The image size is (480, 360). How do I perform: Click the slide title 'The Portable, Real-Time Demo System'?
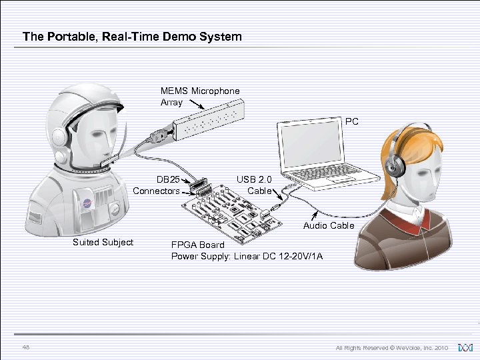pos(132,37)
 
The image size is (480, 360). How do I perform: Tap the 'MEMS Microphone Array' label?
pos(199,96)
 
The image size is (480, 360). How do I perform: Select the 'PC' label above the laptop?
pos(351,122)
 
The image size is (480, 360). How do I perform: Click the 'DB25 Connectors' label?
pos(157,185)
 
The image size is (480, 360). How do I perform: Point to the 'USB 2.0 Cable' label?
pos(254,185)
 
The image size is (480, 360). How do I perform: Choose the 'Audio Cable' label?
pos(329,226)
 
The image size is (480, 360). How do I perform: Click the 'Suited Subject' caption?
pos(103,242)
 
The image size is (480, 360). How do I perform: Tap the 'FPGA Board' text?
pos(198,245)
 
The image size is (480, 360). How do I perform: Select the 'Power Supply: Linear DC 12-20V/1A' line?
pos(247,256)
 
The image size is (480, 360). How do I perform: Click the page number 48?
pos(26,347)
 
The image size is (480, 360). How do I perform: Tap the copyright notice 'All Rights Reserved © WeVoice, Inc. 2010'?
pos(391,348)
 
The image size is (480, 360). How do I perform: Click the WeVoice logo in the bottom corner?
pos(465,347)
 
